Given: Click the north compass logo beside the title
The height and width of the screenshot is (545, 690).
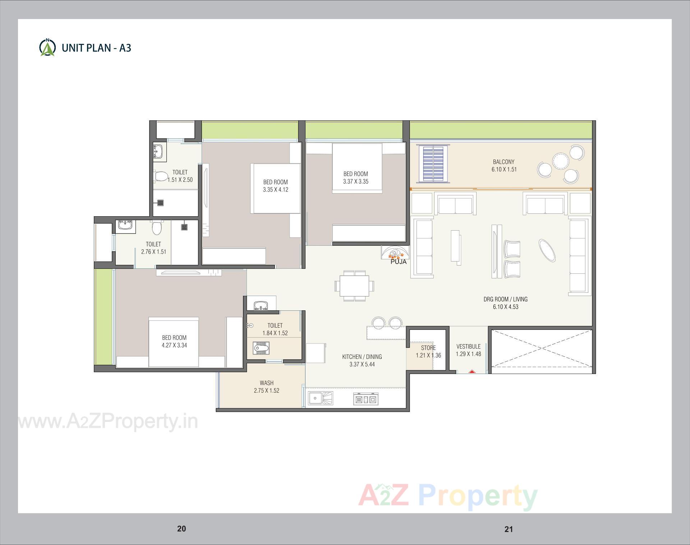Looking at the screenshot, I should (x=47, y=47).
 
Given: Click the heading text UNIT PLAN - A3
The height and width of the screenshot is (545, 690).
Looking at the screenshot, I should (x=96, y=48).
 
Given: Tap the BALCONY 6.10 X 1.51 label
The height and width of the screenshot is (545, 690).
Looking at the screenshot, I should (x=504, y=166).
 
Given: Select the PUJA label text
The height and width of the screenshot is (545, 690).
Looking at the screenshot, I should (x=399, y=262).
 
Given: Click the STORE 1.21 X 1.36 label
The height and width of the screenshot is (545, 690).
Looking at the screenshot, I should (x=428, y=351).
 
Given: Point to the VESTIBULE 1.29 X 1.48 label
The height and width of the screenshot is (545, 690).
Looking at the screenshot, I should (x=468, y=350).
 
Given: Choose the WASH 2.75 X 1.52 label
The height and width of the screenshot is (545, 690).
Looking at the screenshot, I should (x=266, y=387).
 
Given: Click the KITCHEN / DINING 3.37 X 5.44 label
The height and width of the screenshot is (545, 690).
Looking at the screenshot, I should (x=362, y=360).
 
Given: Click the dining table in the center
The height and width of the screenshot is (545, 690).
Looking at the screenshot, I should (x=354, y=286).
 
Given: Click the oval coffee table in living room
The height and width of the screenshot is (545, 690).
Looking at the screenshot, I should (x=547, y=250).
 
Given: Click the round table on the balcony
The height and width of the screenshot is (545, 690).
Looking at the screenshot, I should (x=560, y=161).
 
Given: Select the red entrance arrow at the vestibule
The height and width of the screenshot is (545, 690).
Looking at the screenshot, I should (x=471, y=372).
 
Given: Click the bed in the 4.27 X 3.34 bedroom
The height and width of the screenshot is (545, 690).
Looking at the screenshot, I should (x=174, y=342).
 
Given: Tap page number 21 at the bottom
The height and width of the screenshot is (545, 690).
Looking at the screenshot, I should (x=508, y=529).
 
